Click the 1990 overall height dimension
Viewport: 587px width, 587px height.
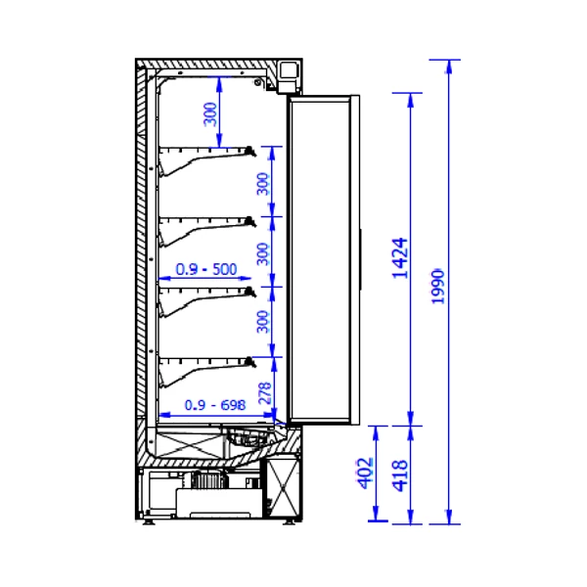pos(437,287)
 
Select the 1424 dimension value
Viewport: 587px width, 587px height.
pos(399,258)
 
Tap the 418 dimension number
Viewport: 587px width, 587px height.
pos(399,475)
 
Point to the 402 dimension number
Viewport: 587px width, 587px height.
pos(366,474)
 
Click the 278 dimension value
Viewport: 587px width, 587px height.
pos(265,393)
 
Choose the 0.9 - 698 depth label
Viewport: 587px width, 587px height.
pos(215,405)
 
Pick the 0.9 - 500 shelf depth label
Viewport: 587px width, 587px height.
pos(206,269)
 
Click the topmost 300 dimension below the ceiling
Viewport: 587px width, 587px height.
pos(210,114)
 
